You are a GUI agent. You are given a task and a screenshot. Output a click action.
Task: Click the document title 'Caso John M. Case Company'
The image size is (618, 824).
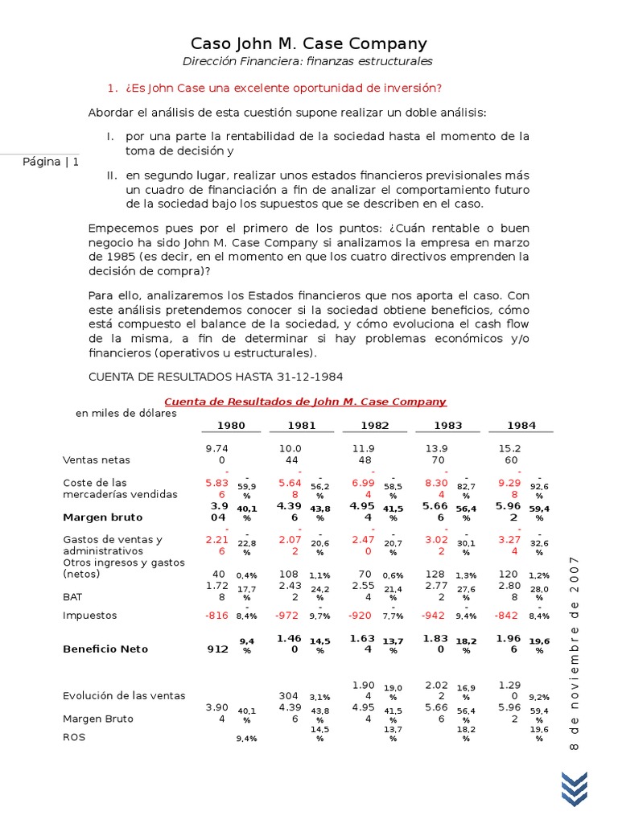[308, 43]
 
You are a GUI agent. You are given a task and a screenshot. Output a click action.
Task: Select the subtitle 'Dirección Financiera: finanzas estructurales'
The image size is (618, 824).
[308, 62]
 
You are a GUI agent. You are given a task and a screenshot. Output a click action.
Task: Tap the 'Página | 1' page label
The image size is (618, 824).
[51, 162]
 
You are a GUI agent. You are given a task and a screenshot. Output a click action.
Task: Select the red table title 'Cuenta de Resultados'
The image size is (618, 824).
[305, 402]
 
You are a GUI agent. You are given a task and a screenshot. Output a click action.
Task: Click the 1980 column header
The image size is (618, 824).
[230, 426]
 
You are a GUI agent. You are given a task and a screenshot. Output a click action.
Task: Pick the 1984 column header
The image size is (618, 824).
[521, 426]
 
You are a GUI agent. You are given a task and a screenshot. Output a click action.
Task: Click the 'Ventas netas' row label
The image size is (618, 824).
[97, 460]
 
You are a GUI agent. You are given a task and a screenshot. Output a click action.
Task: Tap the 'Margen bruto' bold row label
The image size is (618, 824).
[103, 517]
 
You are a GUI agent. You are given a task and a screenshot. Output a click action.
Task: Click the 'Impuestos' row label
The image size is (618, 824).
[90, 616]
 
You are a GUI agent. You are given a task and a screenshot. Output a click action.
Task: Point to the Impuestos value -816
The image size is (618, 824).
[216, 616]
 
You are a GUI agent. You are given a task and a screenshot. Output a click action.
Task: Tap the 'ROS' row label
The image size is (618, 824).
[74, 736]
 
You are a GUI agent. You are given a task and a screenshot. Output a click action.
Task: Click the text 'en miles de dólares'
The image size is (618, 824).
[126, 414]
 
